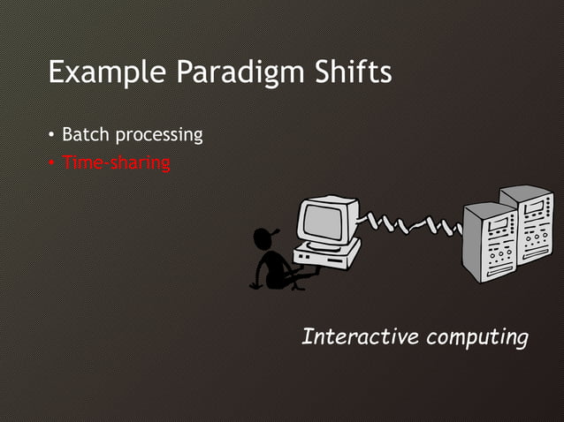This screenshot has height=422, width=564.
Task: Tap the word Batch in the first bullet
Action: pyautogui.click(x=84, y=135)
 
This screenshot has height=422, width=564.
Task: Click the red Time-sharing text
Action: pyautogui.click(x=116, y=163)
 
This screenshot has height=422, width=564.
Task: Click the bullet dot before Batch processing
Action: pyautogui.click(x=52, y=136)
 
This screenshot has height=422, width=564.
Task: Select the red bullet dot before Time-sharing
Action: pyautogui.click(x=52, y=163)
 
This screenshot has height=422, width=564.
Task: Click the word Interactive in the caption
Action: pyautogui.click(x=359, y=336)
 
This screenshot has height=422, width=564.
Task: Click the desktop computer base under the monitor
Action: pyautogui.click(x=329, y=255)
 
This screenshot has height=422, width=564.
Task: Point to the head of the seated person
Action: pyautogui.click(x=263, y=240)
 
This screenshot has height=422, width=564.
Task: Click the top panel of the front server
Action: pyautogui.click(x=489, y=210)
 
